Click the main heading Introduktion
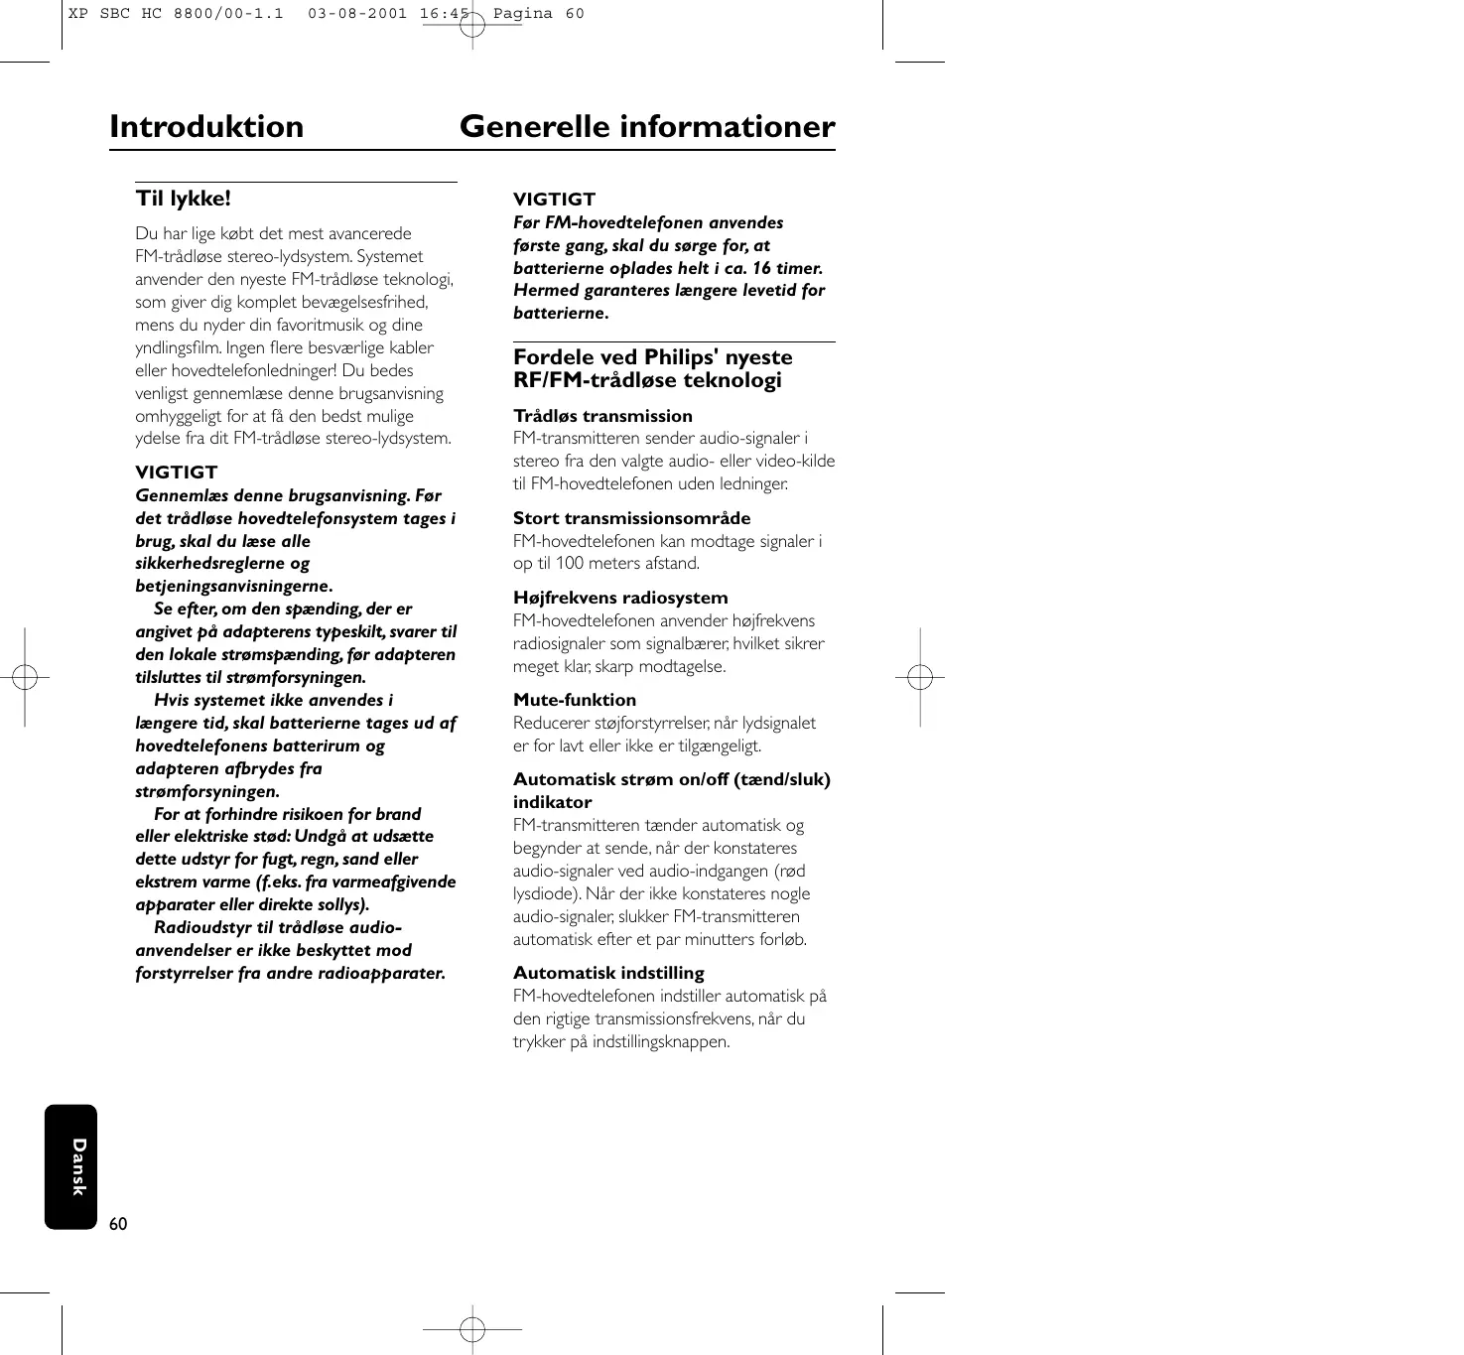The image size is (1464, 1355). (x=206, y=127)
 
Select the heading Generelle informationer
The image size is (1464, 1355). (x=647, y=127)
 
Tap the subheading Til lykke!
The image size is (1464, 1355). (x=184, y=199)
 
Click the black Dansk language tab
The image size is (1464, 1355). (x=71, y=1166)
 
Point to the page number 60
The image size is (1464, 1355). (x=119, y=1224)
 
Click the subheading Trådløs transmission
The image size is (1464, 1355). (x=602, y=416)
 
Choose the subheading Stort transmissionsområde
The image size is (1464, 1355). (x=631, y=518)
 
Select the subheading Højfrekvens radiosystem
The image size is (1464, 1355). (x=620, y=598)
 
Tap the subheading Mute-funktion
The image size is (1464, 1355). (x=575, y=700)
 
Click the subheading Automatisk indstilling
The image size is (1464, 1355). (x=608, y=973)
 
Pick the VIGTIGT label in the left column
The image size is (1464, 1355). (x=176, y=473)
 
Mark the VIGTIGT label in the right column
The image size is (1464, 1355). (x=554, y=200)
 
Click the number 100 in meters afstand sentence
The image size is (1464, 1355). (x=570, y=564)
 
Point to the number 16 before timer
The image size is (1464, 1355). (x=761, y=268)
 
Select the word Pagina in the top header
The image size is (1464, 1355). (x=523, y=14)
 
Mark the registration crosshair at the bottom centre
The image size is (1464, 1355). (x=472, y=1328)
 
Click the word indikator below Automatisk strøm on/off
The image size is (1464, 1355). (x=552, y=802)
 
